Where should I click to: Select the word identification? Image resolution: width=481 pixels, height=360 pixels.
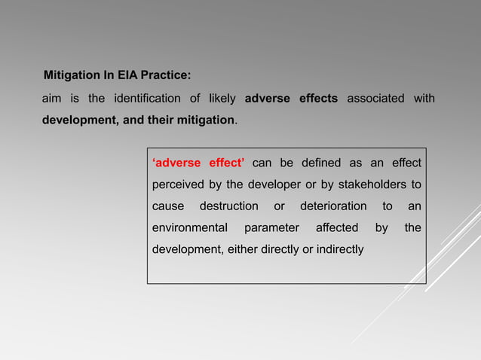point(147,99)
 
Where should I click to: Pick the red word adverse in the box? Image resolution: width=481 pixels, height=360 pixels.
point(177,163)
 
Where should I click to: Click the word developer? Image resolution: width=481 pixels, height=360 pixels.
point(267,185)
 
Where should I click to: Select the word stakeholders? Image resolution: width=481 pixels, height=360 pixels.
point(371,185)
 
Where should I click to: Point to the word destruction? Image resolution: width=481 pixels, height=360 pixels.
point(228,206)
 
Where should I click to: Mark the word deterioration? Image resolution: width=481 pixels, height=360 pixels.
point(333,206)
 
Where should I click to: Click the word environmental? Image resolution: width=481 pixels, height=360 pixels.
point(189,227)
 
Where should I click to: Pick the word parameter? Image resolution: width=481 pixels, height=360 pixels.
point(271,227)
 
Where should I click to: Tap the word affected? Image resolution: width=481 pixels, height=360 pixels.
point(337,227)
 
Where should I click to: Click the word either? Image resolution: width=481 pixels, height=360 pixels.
point(241,249)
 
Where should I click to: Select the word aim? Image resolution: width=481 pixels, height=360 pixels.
point(51,99)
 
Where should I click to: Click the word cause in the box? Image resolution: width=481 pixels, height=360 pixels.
point(168,206)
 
